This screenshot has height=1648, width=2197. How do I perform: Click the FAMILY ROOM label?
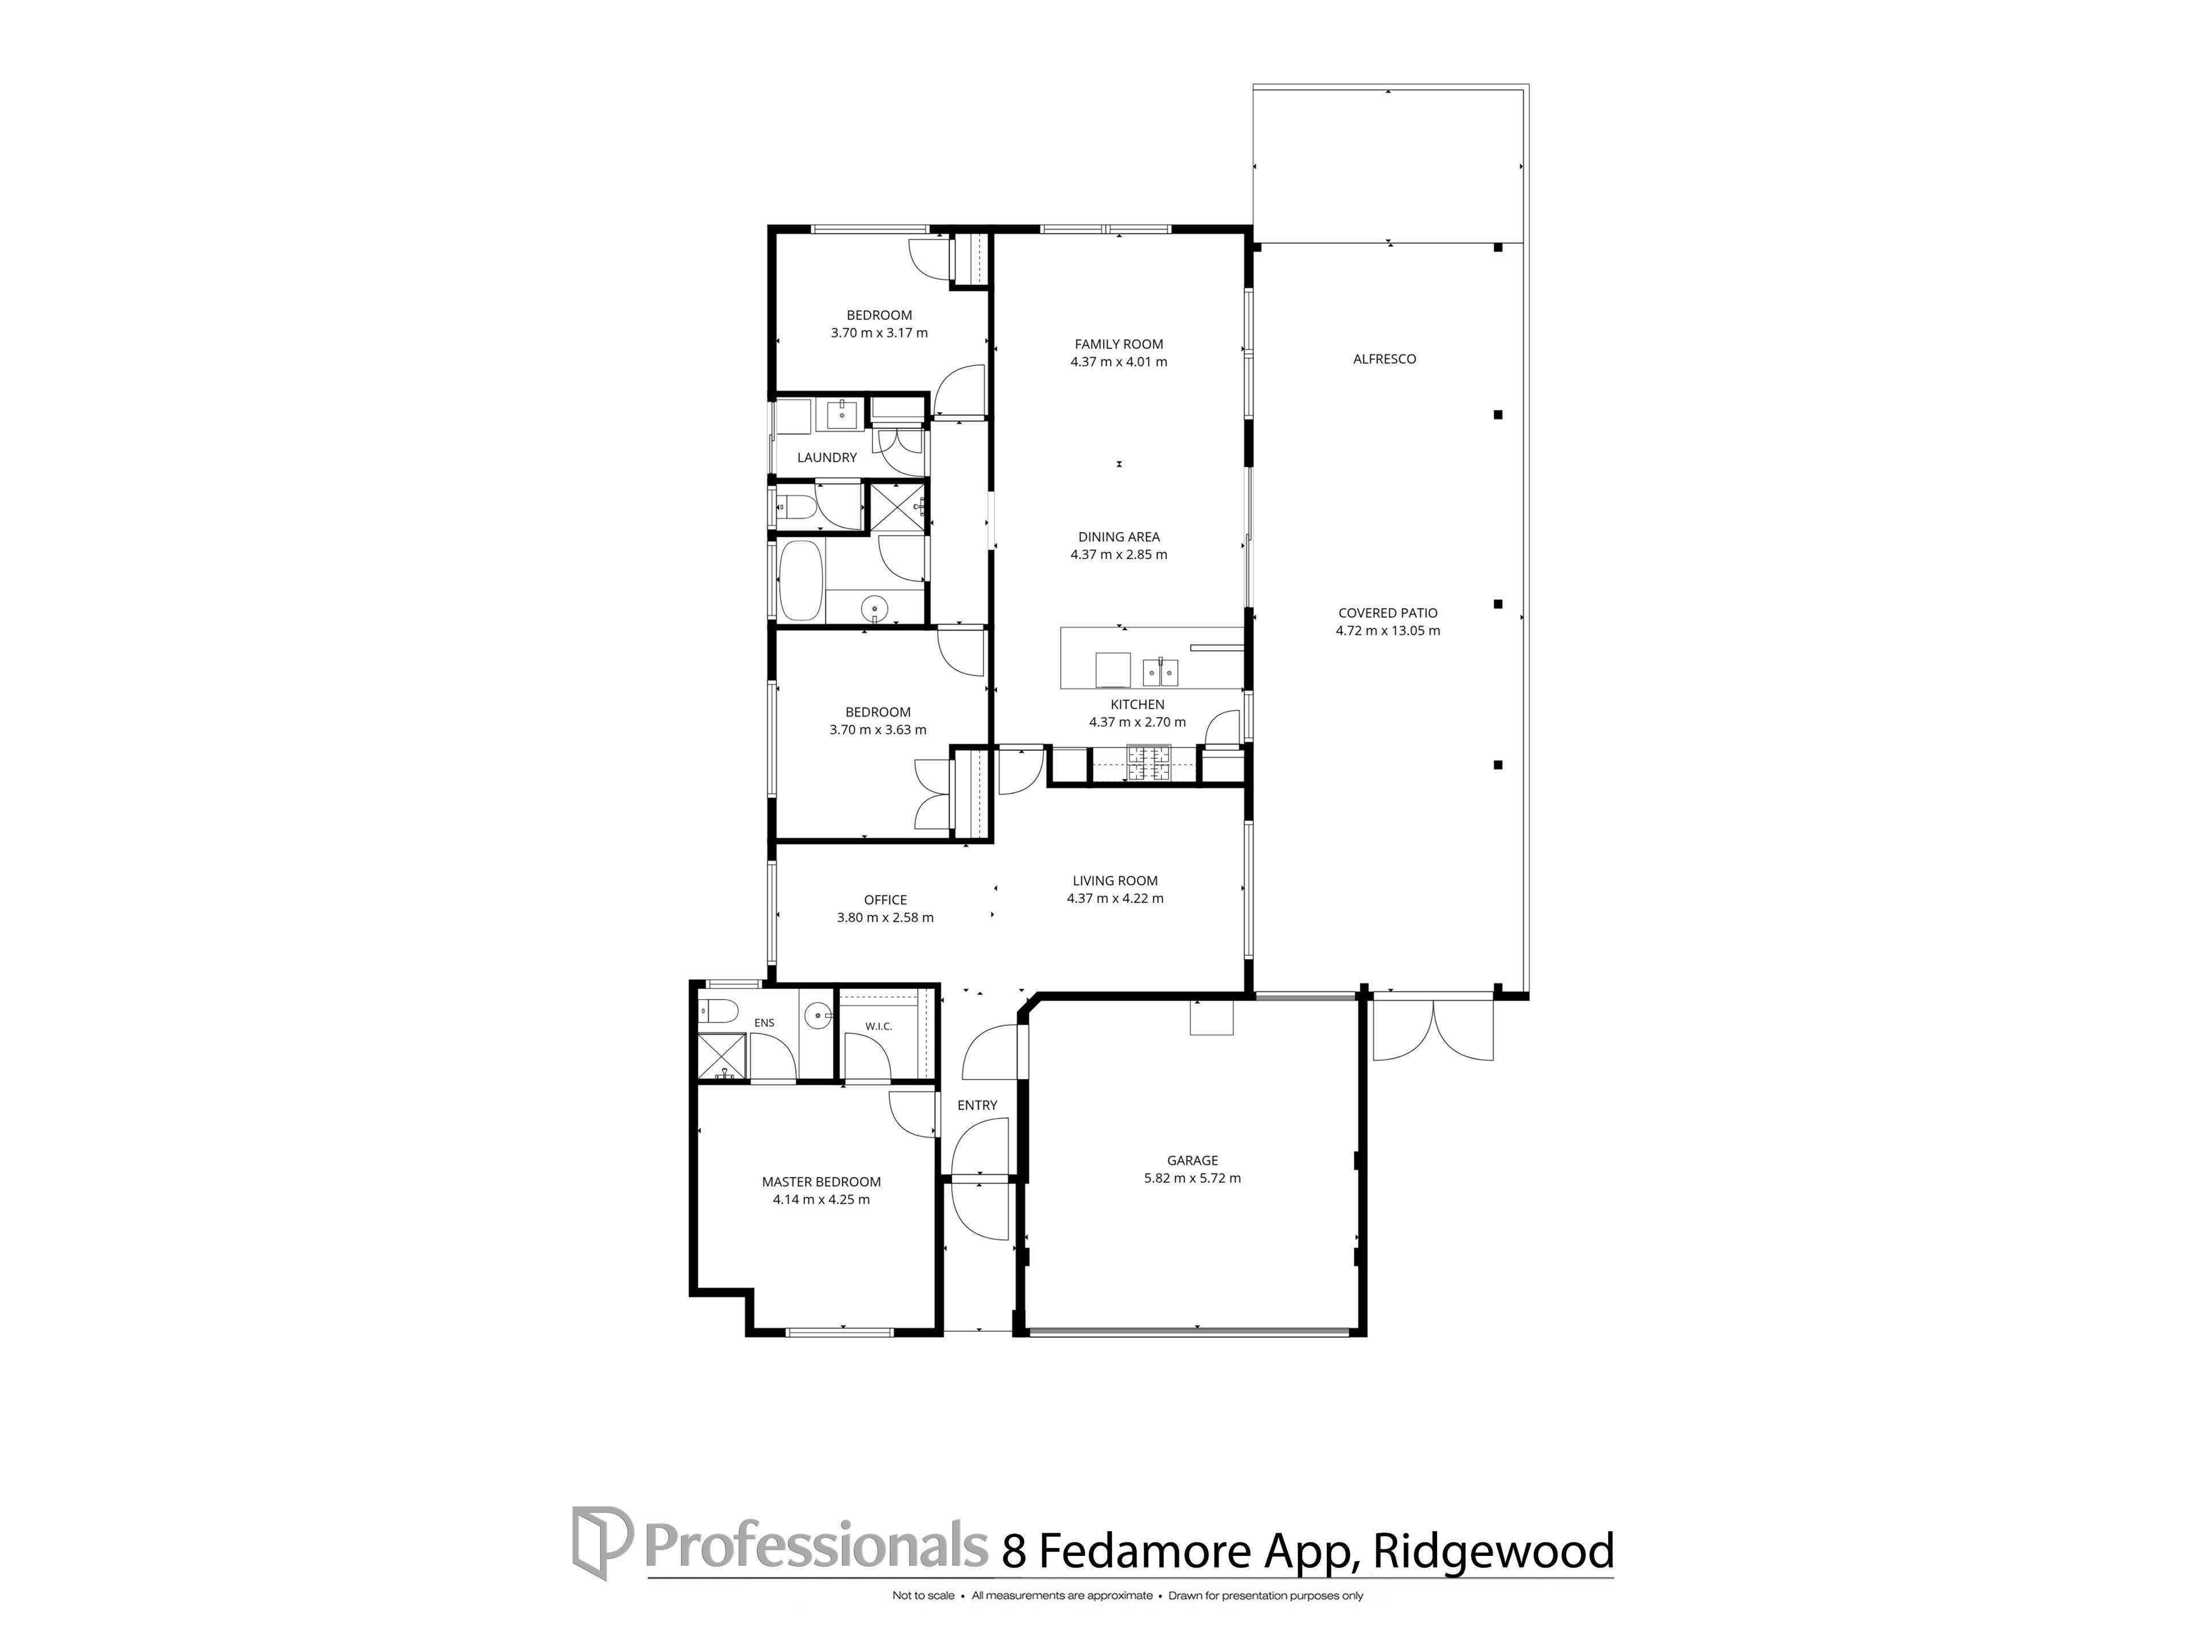(1119, 344)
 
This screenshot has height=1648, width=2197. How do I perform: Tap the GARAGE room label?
(1192, 1160)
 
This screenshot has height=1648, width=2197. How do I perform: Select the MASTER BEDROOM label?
(822, 1182)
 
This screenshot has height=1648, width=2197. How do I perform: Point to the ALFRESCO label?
(1385, 359)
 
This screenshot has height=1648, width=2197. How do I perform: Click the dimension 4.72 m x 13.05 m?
(1387, 631)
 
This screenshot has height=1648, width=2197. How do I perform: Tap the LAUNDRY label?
(826, 458)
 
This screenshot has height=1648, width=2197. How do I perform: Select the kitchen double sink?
(1160, 672)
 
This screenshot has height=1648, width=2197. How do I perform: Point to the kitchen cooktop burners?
(1148, 762)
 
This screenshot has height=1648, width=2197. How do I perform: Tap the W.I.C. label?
(878, 1026)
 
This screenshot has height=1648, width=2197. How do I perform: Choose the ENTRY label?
(977, 1106)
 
